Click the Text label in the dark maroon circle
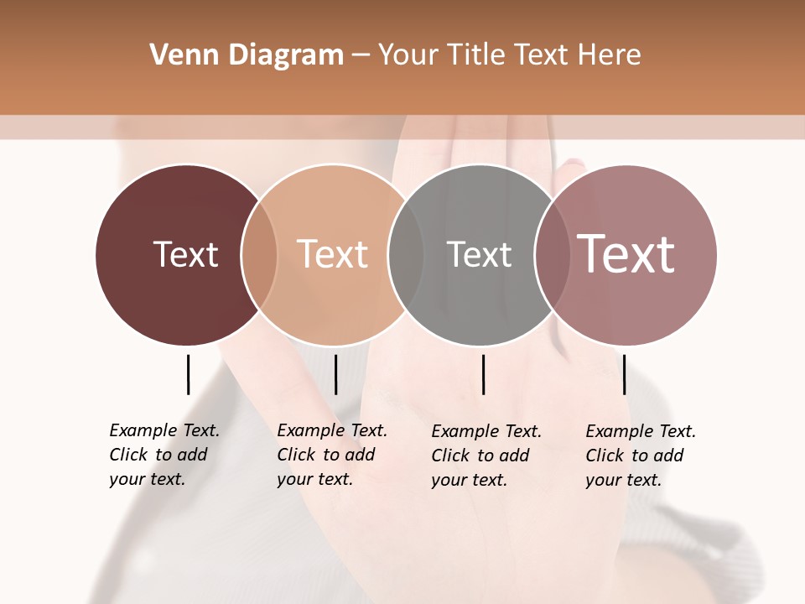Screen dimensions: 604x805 click(x=185, y=254)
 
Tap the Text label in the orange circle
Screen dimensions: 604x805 click(x=332, y=254)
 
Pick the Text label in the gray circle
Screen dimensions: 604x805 click(x=479, y=254)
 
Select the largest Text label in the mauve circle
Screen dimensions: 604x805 click(x=626, y=254)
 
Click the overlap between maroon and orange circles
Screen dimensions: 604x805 click(x=259, y=254)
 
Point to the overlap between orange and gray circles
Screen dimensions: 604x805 click(x=406, y=254)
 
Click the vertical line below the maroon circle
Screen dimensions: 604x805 click(x=188, y=374)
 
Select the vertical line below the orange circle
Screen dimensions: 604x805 click(x=335, y=374)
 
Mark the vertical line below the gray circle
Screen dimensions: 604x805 click(x=483, y=374)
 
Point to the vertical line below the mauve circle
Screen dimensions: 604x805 click(x=624, y=374)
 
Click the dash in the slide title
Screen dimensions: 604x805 click(x=361, y=55)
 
